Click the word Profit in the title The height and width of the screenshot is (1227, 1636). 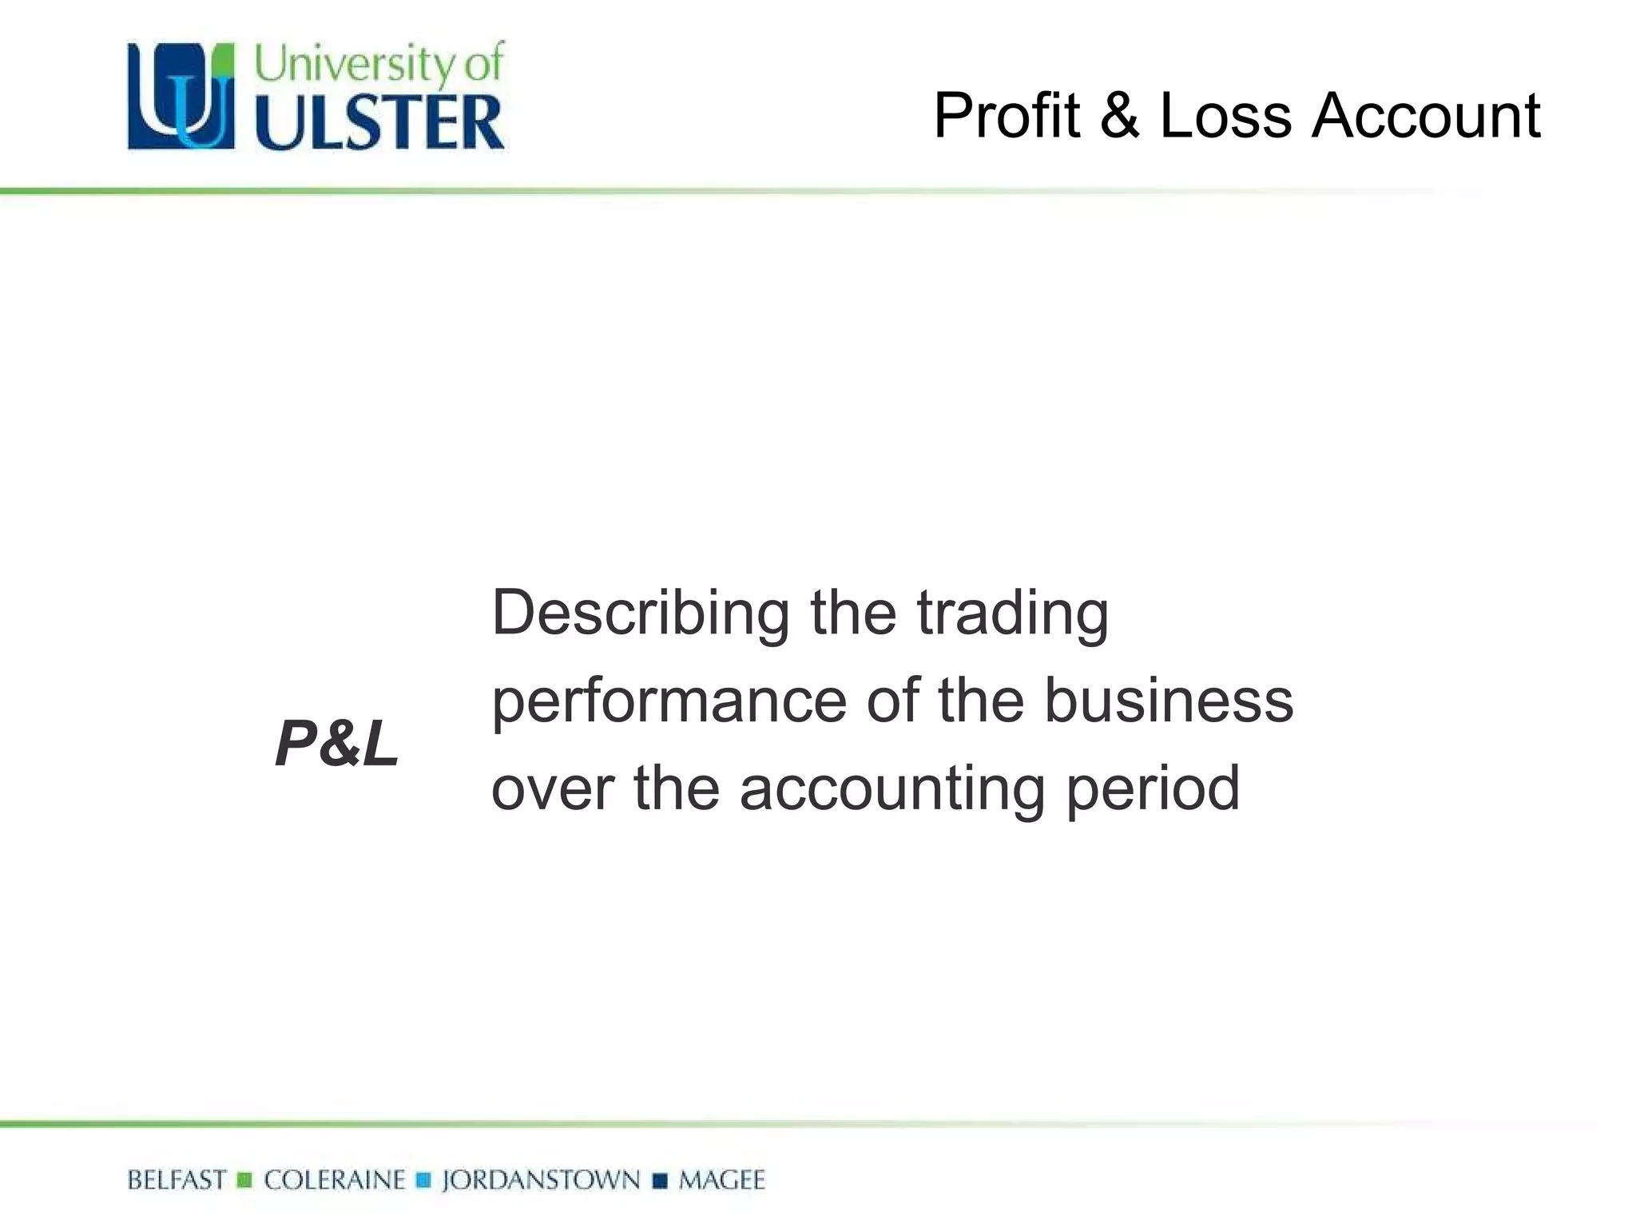tap(1007, 116)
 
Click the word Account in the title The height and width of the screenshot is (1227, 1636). tap(1425, 116)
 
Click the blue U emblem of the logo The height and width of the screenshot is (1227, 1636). tap(181, 96)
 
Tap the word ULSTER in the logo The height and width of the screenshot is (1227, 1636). tap(380, 122)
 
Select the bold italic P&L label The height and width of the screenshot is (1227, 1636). tap(336, 744)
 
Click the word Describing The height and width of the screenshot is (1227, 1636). tap(640, 613)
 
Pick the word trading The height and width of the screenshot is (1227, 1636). tap(1012, 613)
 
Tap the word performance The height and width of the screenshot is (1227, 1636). tap(669, 701)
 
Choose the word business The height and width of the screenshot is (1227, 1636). tap(1169, 701)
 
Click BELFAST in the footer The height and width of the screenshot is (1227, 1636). tap(177, 1180)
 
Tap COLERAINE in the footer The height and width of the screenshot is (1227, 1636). tap(335, 1180)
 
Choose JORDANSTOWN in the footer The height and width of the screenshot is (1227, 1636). tap(541, 1180)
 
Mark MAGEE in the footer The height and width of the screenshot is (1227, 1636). tap(721, 1180)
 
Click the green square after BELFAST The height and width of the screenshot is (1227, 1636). tap(245, 1180)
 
